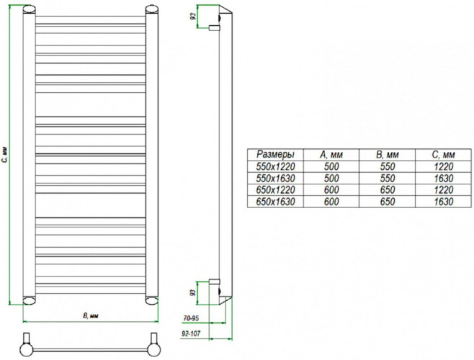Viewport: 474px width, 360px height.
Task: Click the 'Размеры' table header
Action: click(x=276, y=155)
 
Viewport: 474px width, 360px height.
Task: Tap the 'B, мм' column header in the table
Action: click(x=388, y=155)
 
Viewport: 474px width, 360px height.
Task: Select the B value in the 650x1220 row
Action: click(x=388, y=189)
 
